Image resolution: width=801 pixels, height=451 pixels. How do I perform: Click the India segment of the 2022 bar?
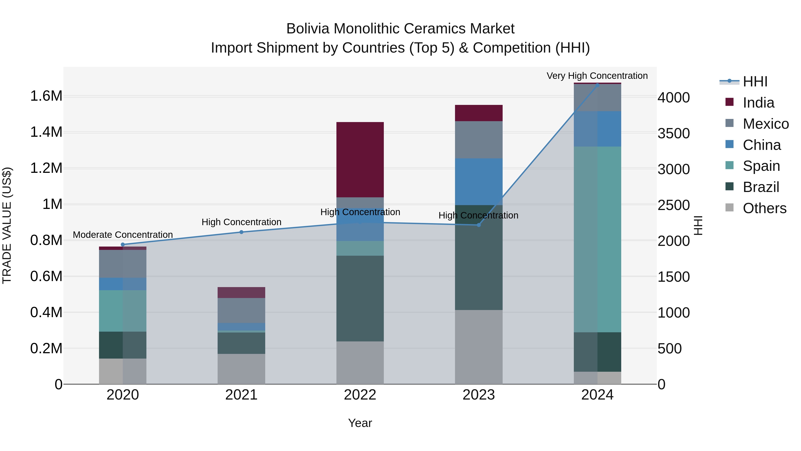click(x=360, y=159)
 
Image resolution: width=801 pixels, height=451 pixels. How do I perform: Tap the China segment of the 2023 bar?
click(x=479, y=182)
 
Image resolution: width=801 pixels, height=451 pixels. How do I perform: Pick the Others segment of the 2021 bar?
click(x=241, y=369)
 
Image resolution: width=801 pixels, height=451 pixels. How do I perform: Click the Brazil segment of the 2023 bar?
click(x=479, y=257)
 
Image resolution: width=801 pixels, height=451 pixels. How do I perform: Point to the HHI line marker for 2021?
click(x=241, y=232)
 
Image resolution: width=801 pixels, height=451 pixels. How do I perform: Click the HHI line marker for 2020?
click(x=123, y=244)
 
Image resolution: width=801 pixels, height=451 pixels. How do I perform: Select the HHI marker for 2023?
click(x=479, y=225)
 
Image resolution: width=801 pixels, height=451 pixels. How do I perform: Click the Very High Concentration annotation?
click(x=597, y=76)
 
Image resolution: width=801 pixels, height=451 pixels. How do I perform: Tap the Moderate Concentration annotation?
click(x=123, y=235)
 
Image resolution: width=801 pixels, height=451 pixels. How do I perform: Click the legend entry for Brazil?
click(x=761, y=187)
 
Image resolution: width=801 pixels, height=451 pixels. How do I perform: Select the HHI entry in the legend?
click(x=755, y=82)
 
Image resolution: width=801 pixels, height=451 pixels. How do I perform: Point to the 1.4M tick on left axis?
click(x=46, y=132)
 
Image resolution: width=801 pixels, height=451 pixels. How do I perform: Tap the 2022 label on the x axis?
click(x=360, y=395)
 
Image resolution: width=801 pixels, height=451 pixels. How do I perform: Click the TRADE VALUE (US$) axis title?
click(x=7, y=225)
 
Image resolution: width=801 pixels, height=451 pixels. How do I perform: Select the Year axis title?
click(x=360, y=423)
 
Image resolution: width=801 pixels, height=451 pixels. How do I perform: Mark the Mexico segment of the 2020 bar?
click(x=123, y=264)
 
